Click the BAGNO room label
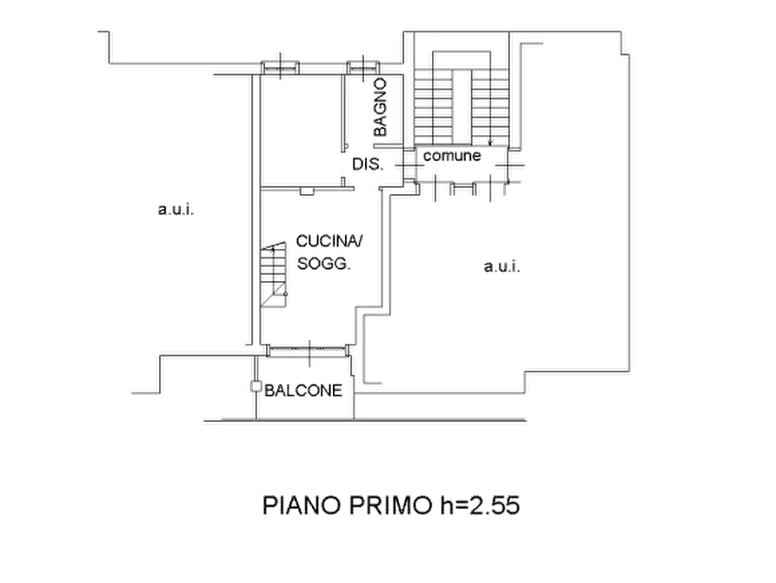point(380,107)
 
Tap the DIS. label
point(368,164)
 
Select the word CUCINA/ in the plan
point(329,241)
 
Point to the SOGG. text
point(323,264)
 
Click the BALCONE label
point(303,391)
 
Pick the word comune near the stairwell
point(452,156)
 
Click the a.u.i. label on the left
point(176,210)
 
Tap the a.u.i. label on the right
point(501,267)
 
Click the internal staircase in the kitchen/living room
point(274,275)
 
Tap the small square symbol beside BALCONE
point(255,386)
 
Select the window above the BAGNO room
point(363,67)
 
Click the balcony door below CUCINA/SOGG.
point(308,351)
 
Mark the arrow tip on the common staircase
point(490,145)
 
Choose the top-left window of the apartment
point(280,67)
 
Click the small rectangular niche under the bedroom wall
point(307,191)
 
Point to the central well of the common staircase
point(462,105)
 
